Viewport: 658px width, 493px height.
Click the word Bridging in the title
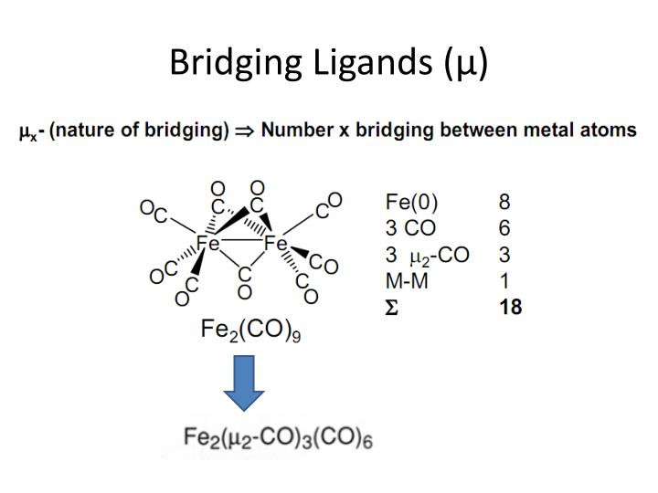pos(231,62)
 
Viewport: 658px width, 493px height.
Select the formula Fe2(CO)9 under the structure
pos(251,330)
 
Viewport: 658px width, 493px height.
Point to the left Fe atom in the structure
pos(209,244)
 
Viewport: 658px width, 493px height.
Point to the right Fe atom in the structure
pos(276,244)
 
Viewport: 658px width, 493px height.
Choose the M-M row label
pos(408,280)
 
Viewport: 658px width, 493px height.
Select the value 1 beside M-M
pos(504,280)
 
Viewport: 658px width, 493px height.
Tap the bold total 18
pos(510,307)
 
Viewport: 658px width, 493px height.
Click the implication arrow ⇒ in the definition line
pos(245,131)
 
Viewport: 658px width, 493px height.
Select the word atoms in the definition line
pos(608,131)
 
